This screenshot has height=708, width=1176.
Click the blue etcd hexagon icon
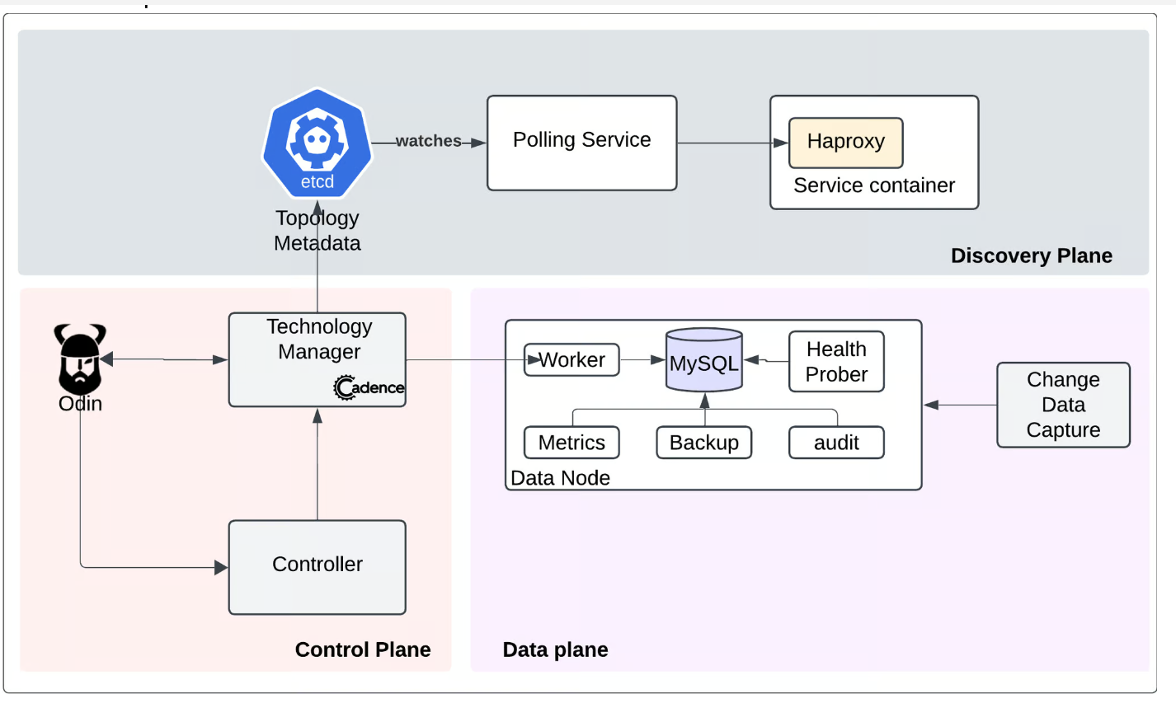click(x=318, y=143)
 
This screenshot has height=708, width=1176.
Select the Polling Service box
click(x=581, y=143)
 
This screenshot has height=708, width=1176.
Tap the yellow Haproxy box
click(x=846, y=143)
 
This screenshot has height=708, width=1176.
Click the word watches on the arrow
click(x=428, y=141)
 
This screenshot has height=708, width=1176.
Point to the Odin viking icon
click(x=80, y=359)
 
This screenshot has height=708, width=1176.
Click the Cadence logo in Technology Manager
click(x=369, y=388)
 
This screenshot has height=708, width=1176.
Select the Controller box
click(x=318, y=567)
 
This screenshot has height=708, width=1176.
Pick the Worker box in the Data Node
click(x=572, y=360)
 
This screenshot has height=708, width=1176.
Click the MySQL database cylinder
click(x=704, y=360)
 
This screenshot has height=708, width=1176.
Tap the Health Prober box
click(x=836, y=362)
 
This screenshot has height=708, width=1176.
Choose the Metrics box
click(x=572, y=443)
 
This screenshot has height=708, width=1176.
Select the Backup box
click(x=704, y=443)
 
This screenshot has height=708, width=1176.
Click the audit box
click(x=836, y=443)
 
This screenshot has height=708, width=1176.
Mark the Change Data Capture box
click(x=1063, y=405)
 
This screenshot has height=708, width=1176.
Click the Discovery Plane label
click(x=1032, y=256)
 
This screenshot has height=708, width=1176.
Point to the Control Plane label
click(x=363, y=649)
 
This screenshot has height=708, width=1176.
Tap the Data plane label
click(x=556, y=649)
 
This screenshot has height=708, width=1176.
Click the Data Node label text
click(x=560, y=478)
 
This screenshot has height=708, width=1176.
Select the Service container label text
click(x=874, y=185)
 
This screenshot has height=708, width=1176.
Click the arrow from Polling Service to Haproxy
click(x=733, y=143)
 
